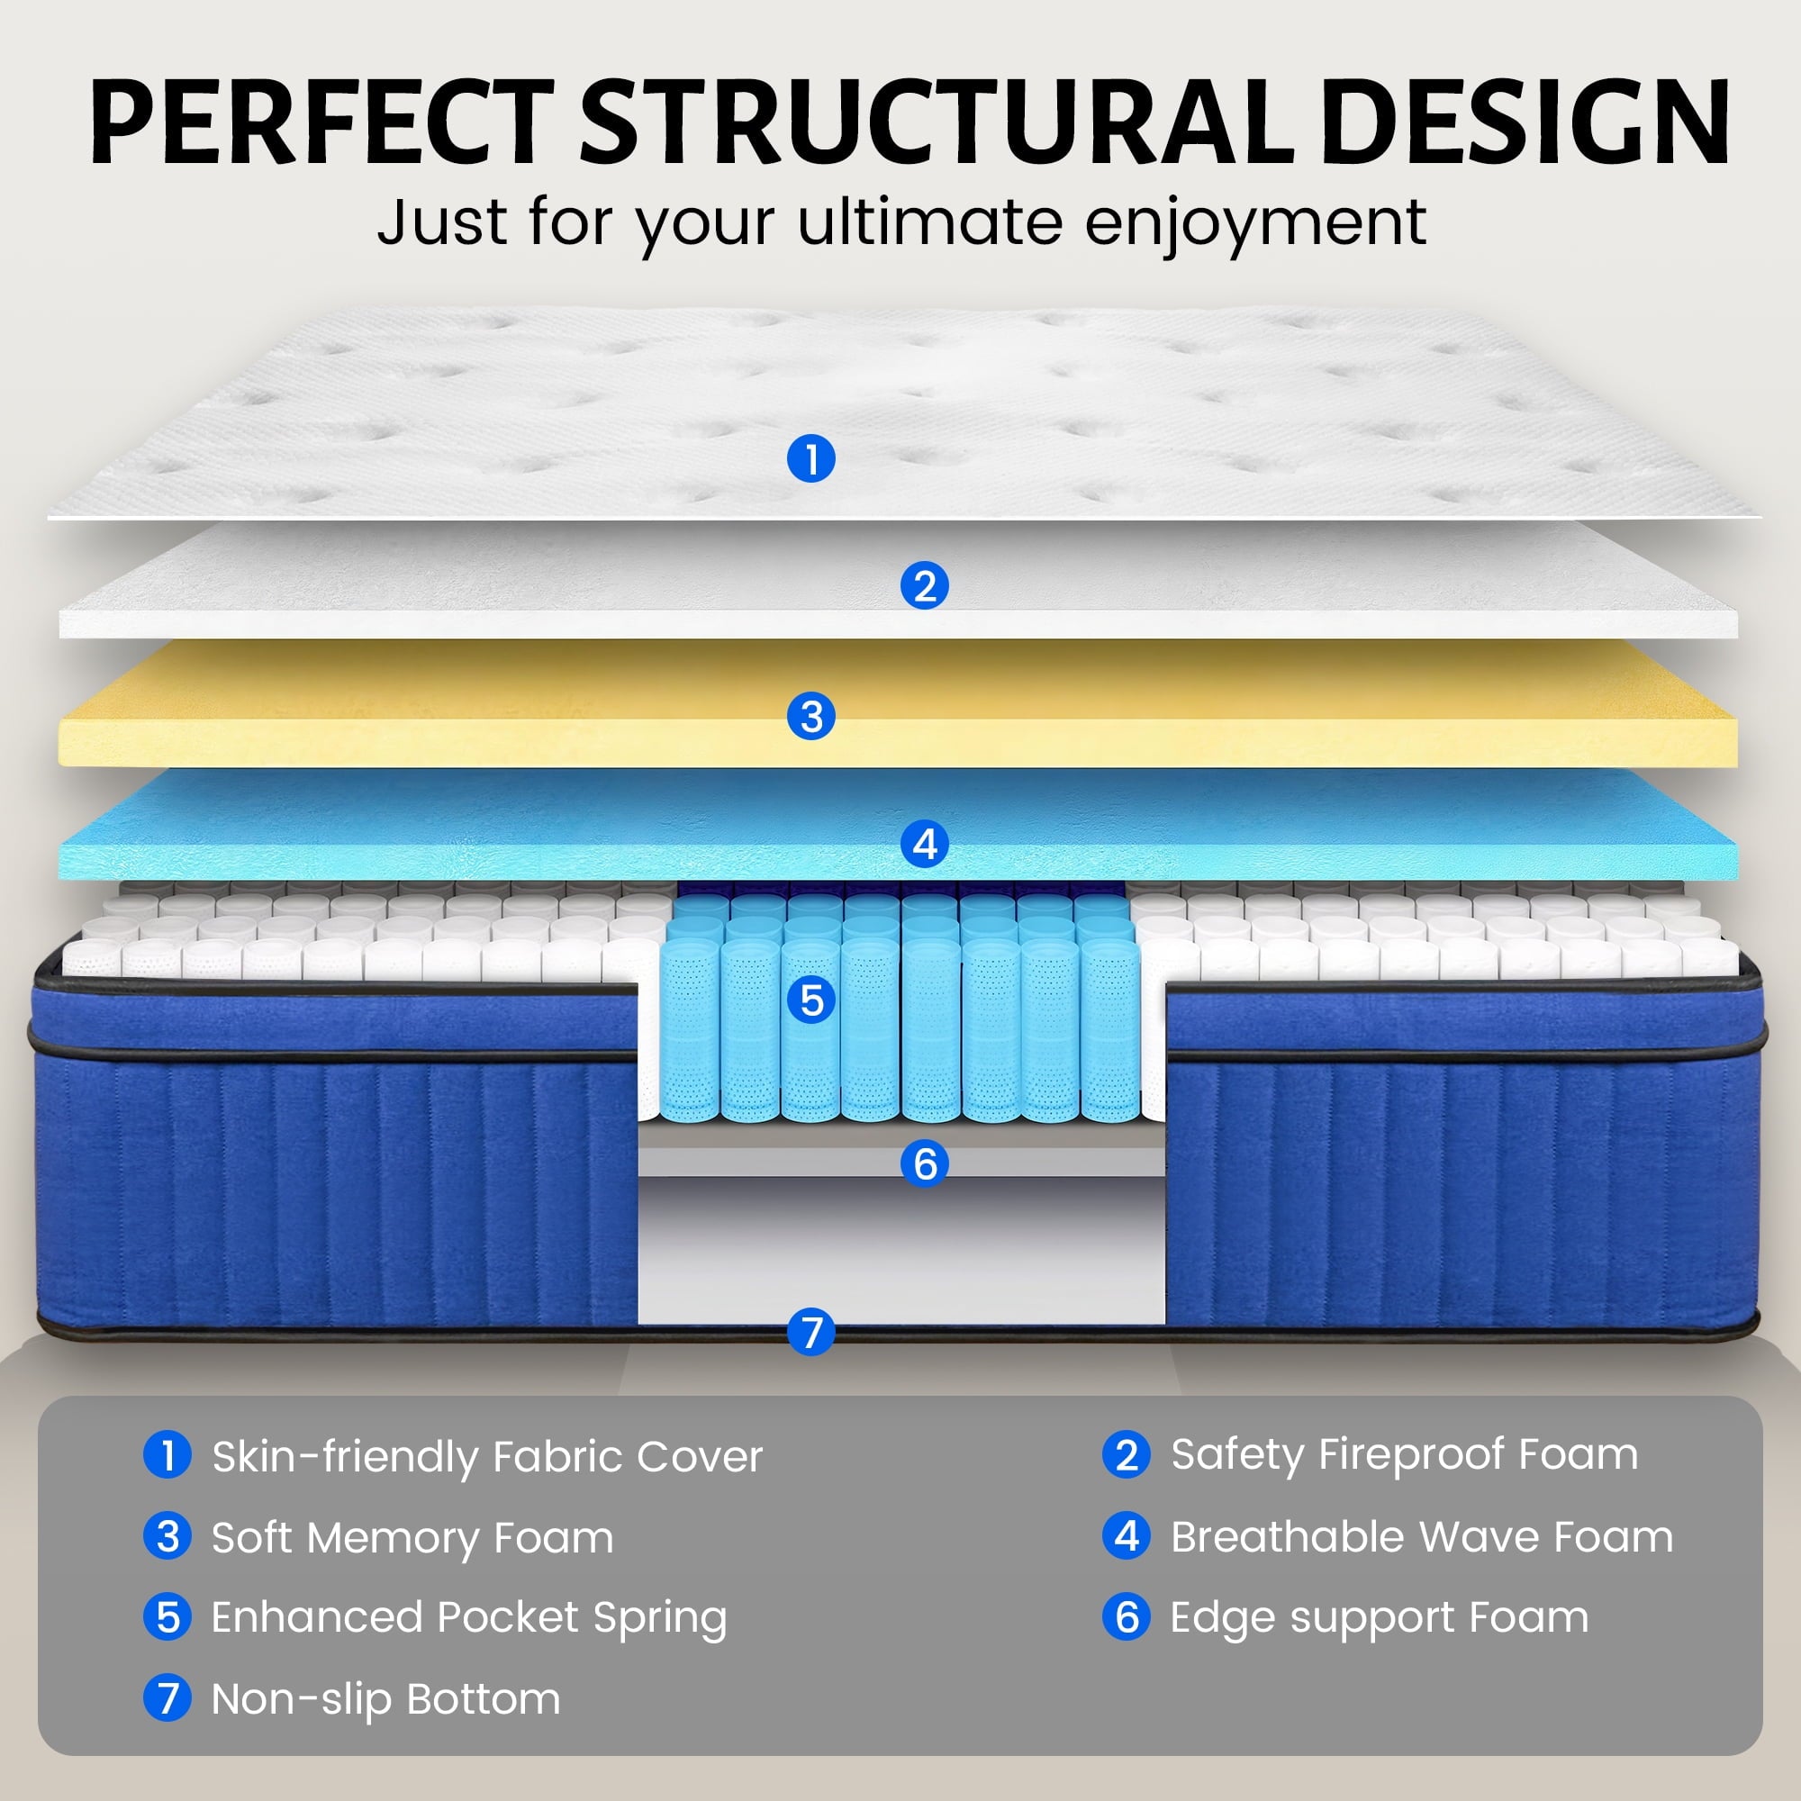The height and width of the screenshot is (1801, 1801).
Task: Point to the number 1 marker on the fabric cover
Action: [x=811, y=458]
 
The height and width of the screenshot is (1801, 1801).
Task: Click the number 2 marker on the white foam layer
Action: [x=925, y=586]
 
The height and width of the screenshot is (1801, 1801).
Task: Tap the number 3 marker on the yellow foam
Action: [x=811, y=717]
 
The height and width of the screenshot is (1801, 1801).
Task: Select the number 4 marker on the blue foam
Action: [x=925, y=845]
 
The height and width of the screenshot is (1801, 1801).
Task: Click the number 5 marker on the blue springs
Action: [x=811, y=1000]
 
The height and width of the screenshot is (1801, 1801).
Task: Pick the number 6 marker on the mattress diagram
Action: [x=925, y=1163]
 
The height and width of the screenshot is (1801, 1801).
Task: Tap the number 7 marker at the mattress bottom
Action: [x=811, y=1332]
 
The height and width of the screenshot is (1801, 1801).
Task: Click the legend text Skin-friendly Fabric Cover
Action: [x=486, y=1456]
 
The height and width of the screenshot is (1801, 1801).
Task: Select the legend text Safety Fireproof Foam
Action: [x=1404, y=1454]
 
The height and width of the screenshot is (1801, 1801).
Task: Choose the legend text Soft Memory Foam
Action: [x=412, y=1537]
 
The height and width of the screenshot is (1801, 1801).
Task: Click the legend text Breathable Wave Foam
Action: [x=1422, y=1536]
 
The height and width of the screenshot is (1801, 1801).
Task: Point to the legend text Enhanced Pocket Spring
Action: [x=469, y=1618]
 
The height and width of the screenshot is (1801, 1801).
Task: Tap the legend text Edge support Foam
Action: [x=1380, y=1617]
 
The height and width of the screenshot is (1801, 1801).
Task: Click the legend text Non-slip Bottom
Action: [x=386, y=1698]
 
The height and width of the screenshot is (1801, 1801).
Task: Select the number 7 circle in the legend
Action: [x=167, y=1697]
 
